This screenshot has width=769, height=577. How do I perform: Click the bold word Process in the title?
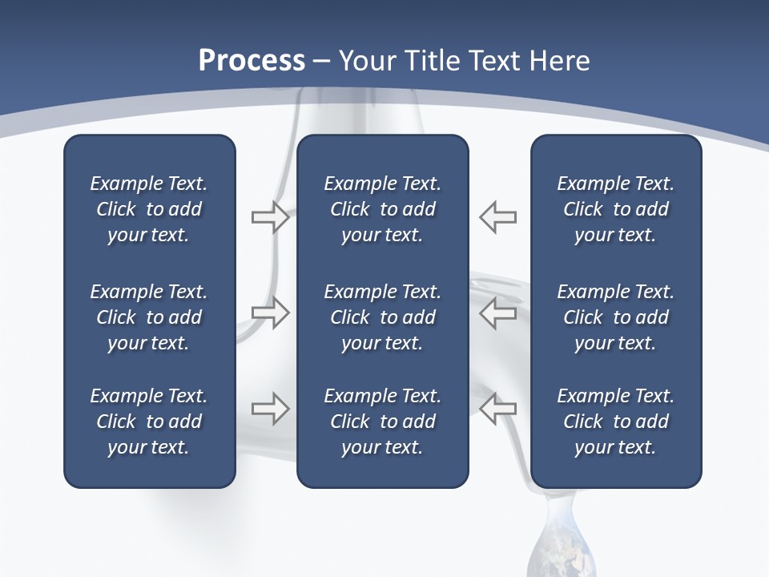pyautogui.click(x=252, y=61)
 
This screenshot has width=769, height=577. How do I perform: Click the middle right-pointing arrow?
pyautogui.click(x=270, y=313)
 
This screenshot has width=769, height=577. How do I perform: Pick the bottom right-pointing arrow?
pyautogui.click(x=270, y=409)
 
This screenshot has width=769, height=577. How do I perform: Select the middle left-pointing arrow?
pyautogui.click(x=498, y=313)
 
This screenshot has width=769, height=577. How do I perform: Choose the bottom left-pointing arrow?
pyautogui.click(x=498, y=409)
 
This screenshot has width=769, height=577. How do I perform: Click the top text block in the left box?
pyautogui.click(x=149, y=209)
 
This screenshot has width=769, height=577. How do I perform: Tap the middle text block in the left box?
pyautogui.click(x=149, y=317)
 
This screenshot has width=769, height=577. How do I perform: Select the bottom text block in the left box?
pyautogui.click(x=149, y=422)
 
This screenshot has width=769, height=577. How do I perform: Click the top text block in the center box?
pyautogui.click(x=382, y=209)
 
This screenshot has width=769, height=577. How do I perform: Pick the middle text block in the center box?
pyautogui.click(x=382, y=317)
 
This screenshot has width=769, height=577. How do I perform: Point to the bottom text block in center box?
pyautogui.click(x=382, y=422)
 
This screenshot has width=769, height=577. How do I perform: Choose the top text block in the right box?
pyautogui.click(x=615, y=209)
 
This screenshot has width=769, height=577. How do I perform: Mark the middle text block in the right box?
pyautogui.click(x=615, y=317)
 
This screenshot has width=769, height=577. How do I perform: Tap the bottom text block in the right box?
pyautogui.click(x=615, y=422)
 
